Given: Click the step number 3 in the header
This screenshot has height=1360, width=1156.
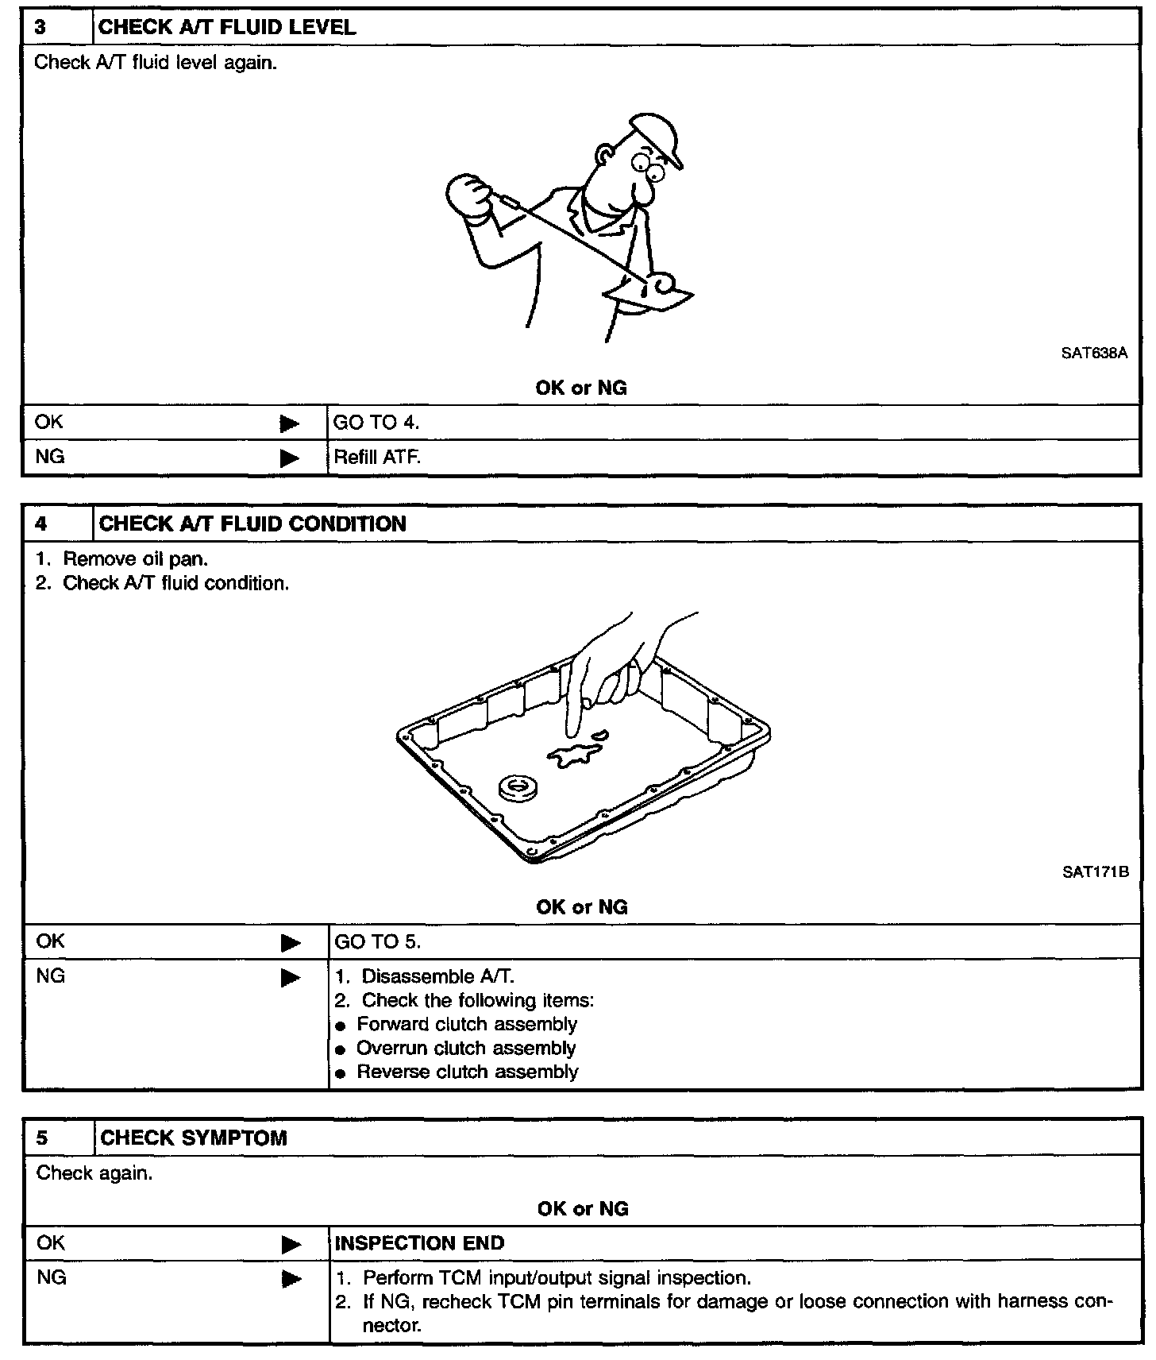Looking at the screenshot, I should [x=40, y=28].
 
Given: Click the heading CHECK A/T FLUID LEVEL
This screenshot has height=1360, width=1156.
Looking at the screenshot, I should [x=226, y=28].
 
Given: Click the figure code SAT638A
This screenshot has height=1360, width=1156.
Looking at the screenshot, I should [x=1093, y=354].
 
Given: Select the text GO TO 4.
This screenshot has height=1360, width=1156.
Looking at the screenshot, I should [x=376, y=423].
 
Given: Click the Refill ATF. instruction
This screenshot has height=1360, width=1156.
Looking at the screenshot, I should [x=377, y=458].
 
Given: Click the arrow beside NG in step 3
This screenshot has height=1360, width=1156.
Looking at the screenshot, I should [x=290, y=458].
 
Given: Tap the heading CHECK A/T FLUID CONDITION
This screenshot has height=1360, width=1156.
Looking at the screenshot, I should [x=252, y=524].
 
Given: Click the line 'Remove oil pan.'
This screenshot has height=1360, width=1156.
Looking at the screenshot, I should [x=135, y=559].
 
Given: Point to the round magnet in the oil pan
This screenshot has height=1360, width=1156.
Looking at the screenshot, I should [x=518, y=788].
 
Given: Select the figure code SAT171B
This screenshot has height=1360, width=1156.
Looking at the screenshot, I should [x=1095, y=872].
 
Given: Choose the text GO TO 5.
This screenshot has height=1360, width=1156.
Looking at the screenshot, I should [x=377, y=942].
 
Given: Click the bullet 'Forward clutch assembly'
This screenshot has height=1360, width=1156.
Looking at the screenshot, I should [x=466, y=1025].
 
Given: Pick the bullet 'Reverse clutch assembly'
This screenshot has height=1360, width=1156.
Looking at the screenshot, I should [x=467, y=1072].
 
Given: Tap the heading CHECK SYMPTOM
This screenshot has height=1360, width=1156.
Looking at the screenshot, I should [x=193, y=1138].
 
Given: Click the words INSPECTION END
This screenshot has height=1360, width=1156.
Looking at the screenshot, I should [x=419, y=1244].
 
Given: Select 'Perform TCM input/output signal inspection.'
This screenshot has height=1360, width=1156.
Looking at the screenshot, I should [x=556, y=1278].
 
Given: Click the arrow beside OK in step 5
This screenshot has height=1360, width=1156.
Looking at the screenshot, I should [x=291, y=1245].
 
